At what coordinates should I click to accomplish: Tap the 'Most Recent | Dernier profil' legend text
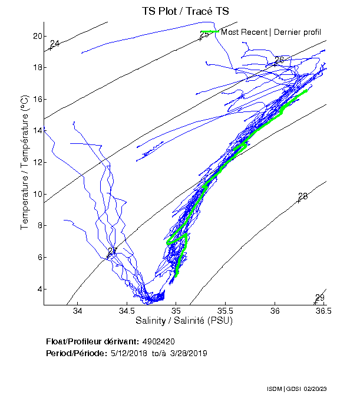coord(271,31)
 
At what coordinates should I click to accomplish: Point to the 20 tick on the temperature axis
coord(38,36)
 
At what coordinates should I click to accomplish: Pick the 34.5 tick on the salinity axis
coord(127,311)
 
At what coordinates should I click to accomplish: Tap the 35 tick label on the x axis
coord(176,311)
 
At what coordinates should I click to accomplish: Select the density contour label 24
coord(55,44)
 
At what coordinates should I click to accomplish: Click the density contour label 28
coord(303,196)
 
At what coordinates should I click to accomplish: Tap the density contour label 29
coord(319,298)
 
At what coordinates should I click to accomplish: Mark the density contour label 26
coord(279,60)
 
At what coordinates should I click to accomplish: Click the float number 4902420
coord(158,341)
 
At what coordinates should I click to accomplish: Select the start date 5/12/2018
coord(129,353)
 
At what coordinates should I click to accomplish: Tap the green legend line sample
coord(209,31)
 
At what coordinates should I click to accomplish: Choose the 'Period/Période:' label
coord(75,353)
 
